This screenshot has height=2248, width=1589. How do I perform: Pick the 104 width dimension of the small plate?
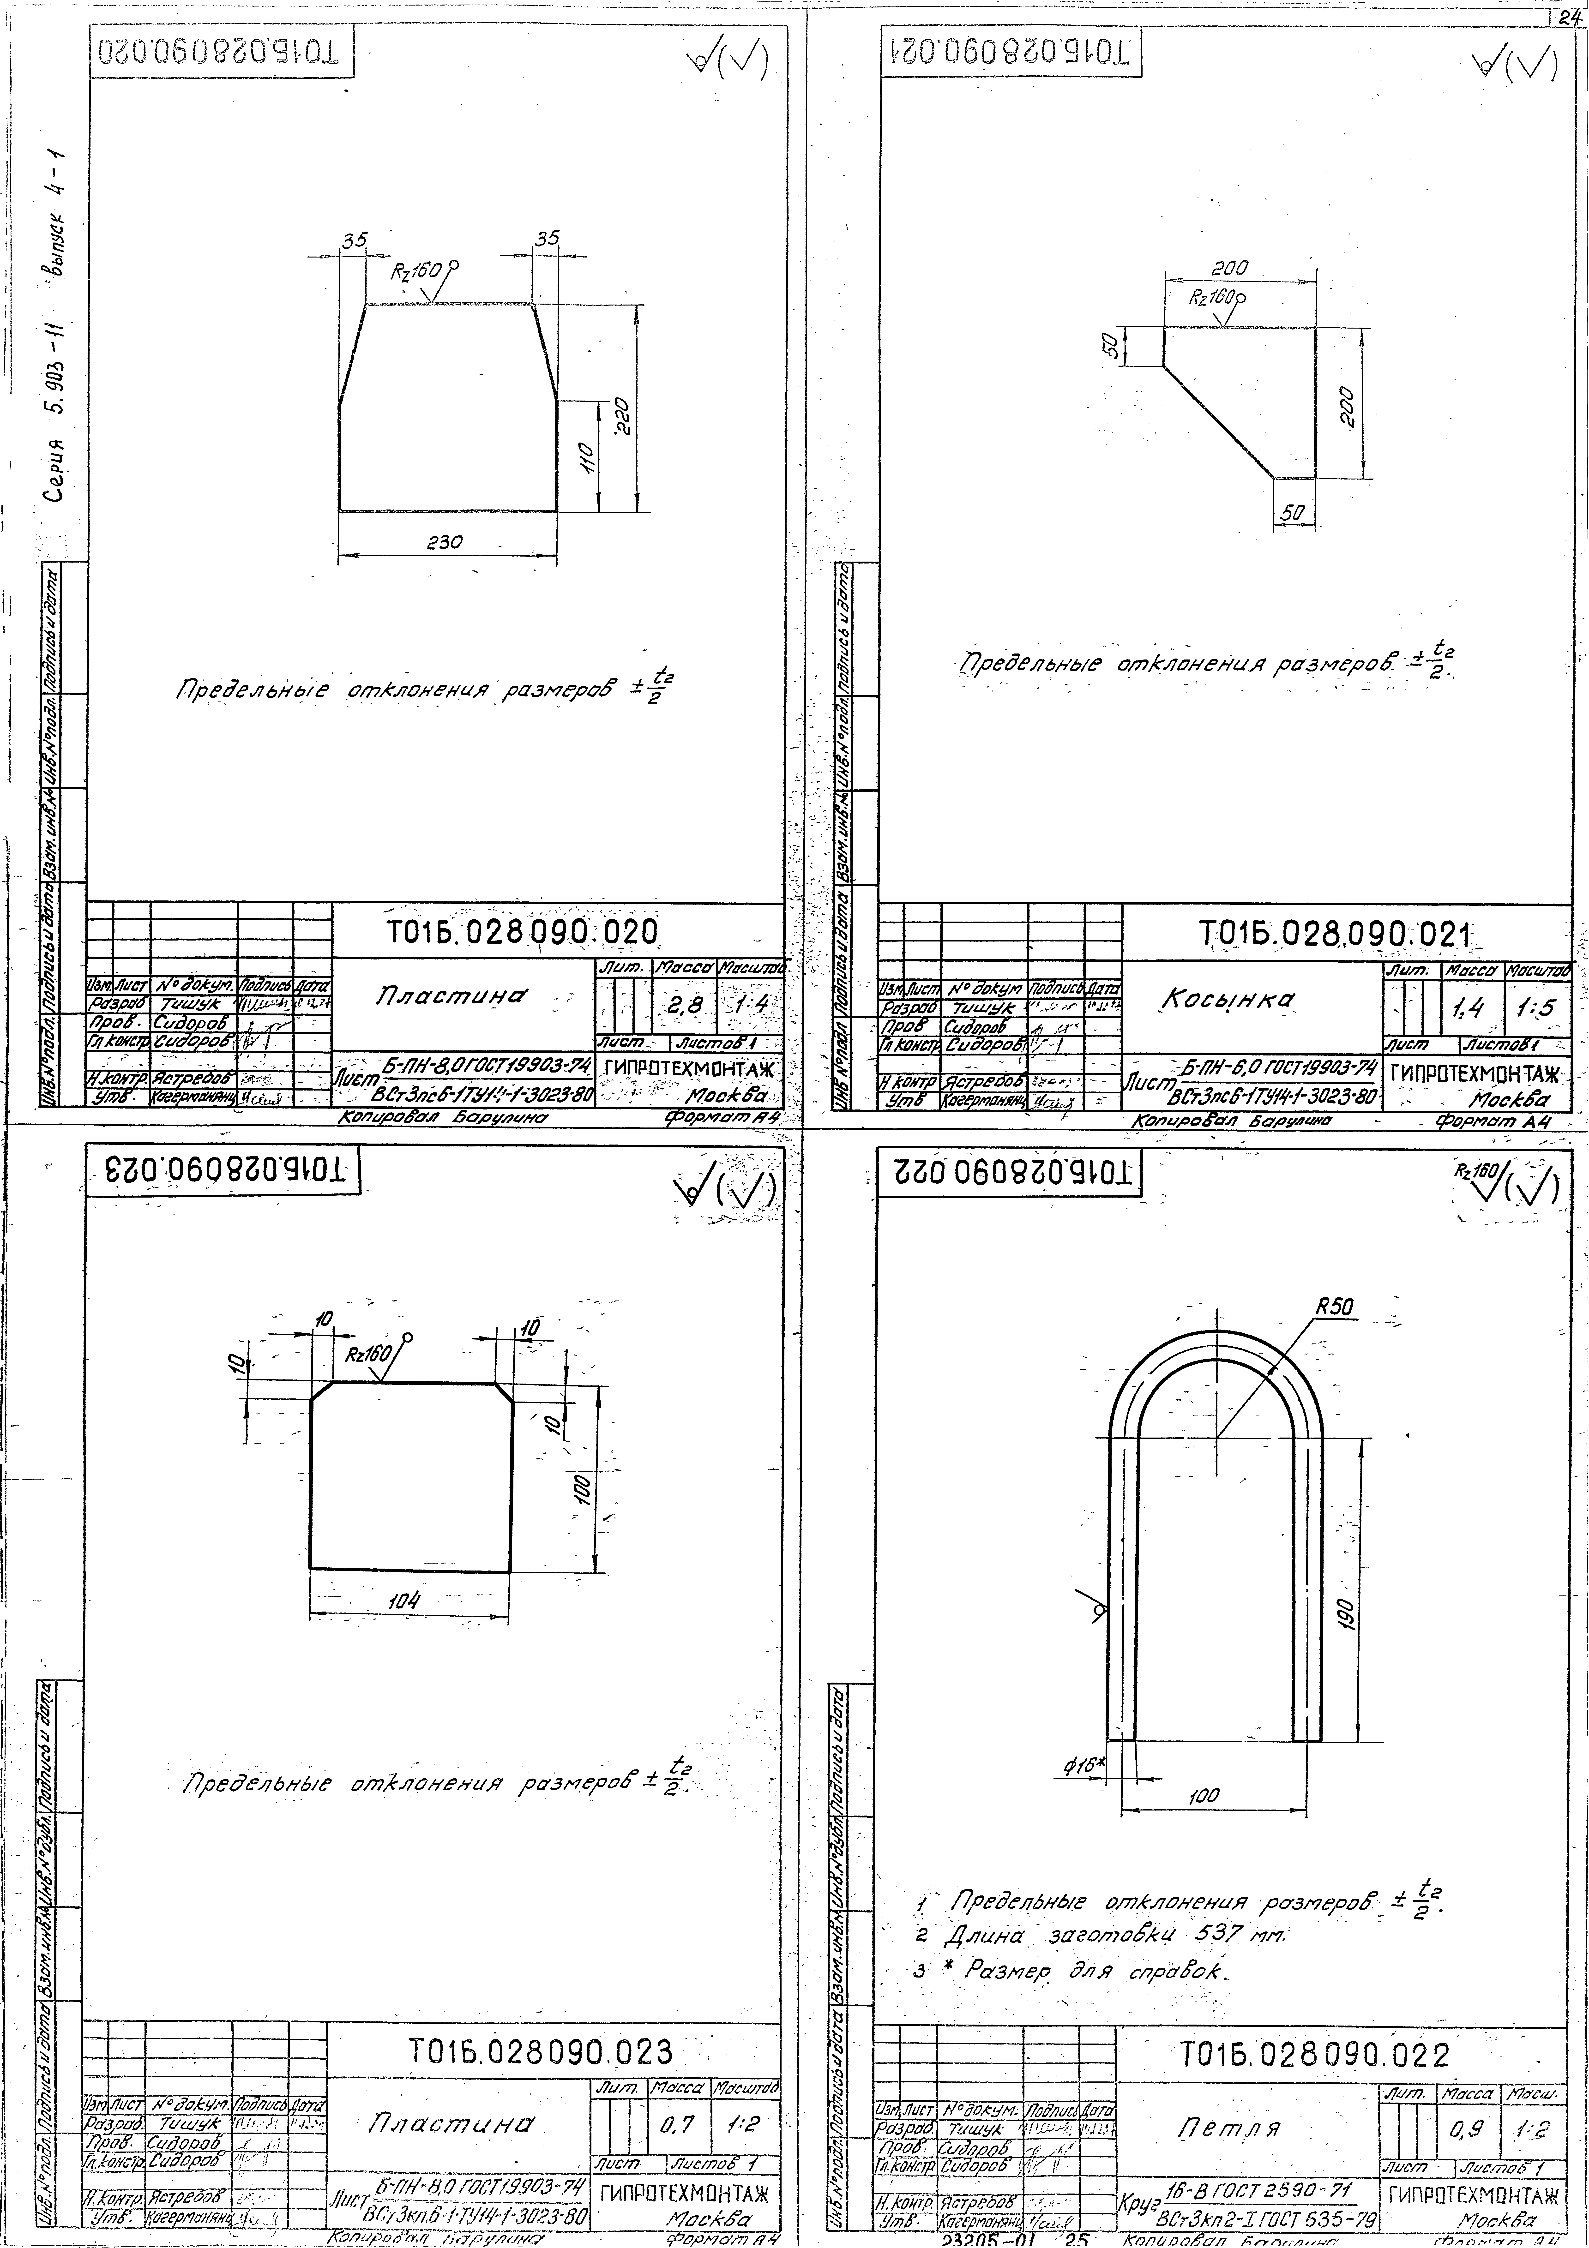403,1602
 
